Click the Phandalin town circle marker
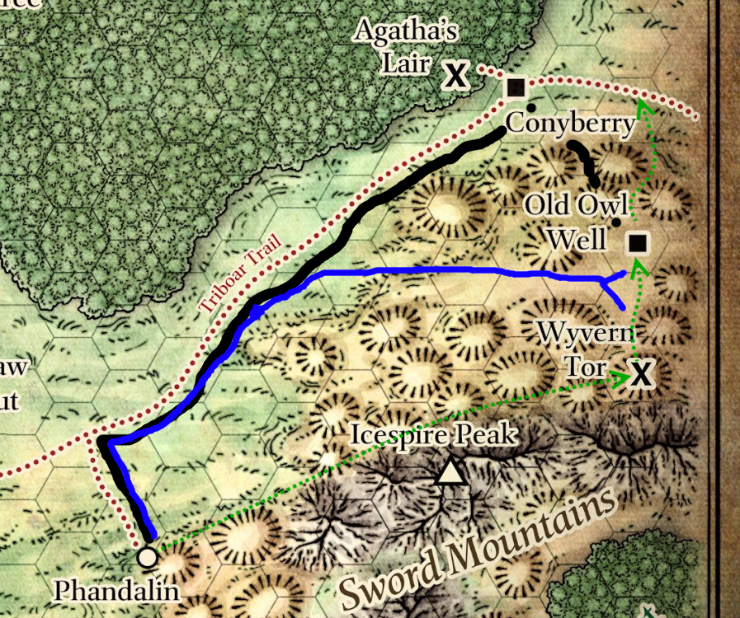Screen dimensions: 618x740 [x=148, y=557]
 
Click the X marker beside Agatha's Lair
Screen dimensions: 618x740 [x=455, y=77]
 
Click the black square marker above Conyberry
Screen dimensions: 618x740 [x=516, y=87]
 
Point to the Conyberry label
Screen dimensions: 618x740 [x=570, y=124]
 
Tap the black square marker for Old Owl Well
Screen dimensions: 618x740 [x=637, y=243]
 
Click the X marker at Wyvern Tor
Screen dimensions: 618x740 [x=641, y=375]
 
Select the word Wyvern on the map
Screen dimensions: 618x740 [x=587, y=335]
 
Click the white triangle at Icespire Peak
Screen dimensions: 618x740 [x=450, y=472]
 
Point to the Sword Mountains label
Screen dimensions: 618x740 [x=478, y=545]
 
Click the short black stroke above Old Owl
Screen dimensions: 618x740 [x=584, y=162]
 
